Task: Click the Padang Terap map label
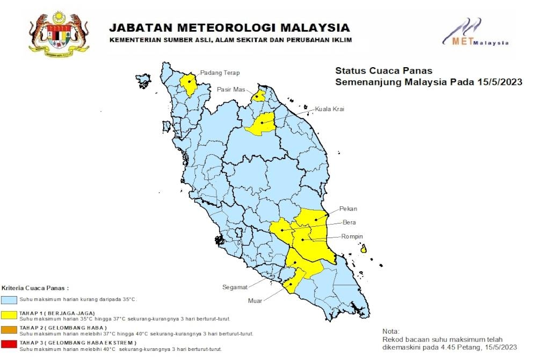click(x=220, y=73)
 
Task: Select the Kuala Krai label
click(x=329, y=109)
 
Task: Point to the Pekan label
click(x=347, y=208)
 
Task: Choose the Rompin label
click(x=352, y=236)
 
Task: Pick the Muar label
click(x=255, y=301)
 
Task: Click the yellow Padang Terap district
click(x=188, y=84)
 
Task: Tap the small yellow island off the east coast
click(x=364, y=249)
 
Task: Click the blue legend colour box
click(x=9, y=299)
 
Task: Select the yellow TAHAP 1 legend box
click(x=9, y=314)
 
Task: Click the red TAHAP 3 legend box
click(x=9, y=343)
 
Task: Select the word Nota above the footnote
click(x=391, y=331)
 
